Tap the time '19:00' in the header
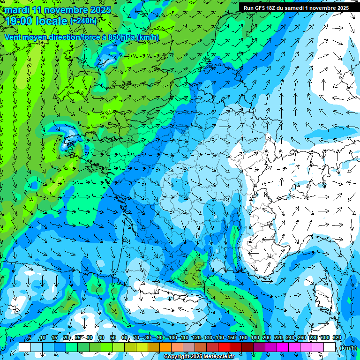click(x=18, y=21)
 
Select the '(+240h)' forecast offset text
click(x=83, y=21)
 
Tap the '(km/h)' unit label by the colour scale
click(x=347, y=348)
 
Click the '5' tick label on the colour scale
click(x=30, y=338)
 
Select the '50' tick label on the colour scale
click(x=113, y=338)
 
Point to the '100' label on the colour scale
click(x=173, y=338)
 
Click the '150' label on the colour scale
click(x=232, y=338)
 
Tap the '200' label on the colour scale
click(x=267, y=338)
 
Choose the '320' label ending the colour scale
click(x=336, y=338)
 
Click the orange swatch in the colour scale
click(x=165, y=347)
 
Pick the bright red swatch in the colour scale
click(x=224, y=347)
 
